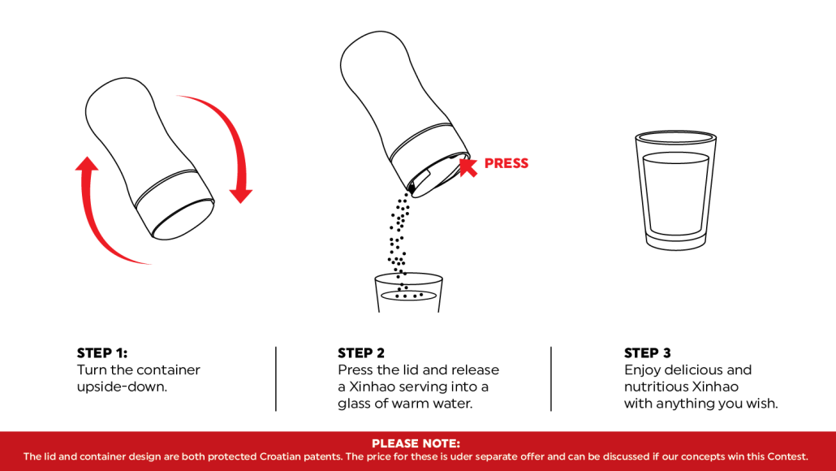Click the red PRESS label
[x=506, y=163]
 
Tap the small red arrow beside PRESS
[x=468, y=167]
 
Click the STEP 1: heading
[x=102, y=353]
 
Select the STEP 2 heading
[x=361, y=353]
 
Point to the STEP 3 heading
[x=647, y=353]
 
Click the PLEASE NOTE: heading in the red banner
[x=416, y=443]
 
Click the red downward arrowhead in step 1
[x=240, y=195]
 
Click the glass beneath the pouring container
[x=408, y=293]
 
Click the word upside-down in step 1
[x=122, y=387]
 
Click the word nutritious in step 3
[x=657, y=387]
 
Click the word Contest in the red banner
[x=785, y=456]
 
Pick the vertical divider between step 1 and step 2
[x=276, y=378]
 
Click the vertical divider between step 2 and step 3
[x=551, y=378]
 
